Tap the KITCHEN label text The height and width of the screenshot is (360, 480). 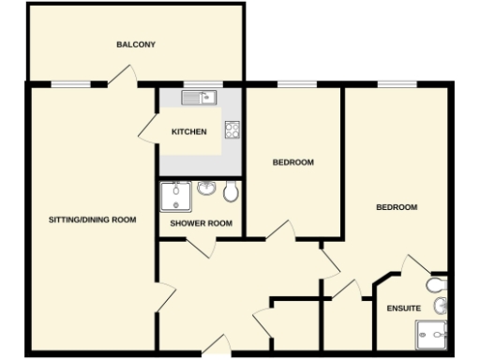[188, 132]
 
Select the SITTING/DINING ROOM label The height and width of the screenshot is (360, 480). [93, 220]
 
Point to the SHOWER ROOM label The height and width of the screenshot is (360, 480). [201, 223]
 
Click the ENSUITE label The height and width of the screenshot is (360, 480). [403, 308]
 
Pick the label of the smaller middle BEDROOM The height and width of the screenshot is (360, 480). [292, 162]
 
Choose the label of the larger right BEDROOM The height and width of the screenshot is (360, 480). [397, 207]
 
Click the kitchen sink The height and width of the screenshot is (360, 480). [200, 97]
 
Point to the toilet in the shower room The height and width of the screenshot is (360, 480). [230, 193]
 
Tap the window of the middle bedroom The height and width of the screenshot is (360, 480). [292, 84]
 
